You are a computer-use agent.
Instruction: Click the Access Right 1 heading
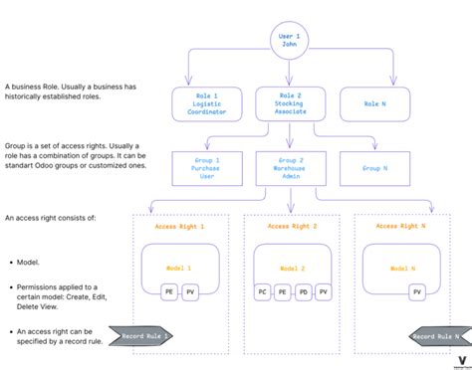click(x=180, y=228)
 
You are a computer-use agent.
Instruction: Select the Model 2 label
click(x=293, y=269)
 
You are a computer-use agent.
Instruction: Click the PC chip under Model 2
click(x=263, y=292)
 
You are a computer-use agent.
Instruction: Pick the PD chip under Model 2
click(x=303, y=292)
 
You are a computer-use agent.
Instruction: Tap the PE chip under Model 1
click(x=170, y=292)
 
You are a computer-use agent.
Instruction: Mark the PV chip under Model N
click(x=416, y=292)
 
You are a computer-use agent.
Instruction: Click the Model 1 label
click(x=180, y=269)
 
